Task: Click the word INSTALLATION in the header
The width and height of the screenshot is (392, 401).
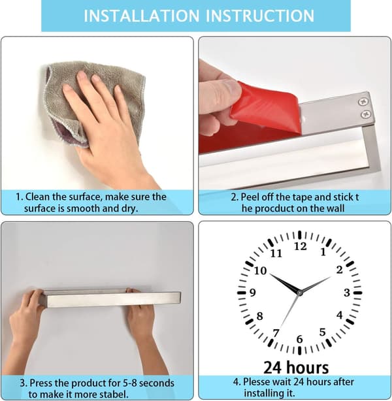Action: [x=142, y=16]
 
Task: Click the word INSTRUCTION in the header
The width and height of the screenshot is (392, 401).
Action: [x=260, y=16]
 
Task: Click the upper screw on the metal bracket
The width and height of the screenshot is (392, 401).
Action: [x=363, y=102]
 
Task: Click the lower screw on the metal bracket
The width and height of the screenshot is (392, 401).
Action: [x=366, y=114]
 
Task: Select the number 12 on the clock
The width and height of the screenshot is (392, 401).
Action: [x=300, y=246]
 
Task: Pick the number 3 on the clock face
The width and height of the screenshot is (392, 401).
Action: [x=347, y=293]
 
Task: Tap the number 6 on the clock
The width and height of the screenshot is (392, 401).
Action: [x=300, y=340]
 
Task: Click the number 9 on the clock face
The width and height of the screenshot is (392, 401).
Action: [x=253, y=293]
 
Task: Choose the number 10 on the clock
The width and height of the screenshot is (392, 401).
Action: [x=261, y=270]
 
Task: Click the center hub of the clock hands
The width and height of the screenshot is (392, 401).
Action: [x=299, y=293]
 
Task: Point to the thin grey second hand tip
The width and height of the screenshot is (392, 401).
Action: [x=280, y=328]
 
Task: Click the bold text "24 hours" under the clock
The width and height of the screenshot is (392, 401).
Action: [x=296, y=367]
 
